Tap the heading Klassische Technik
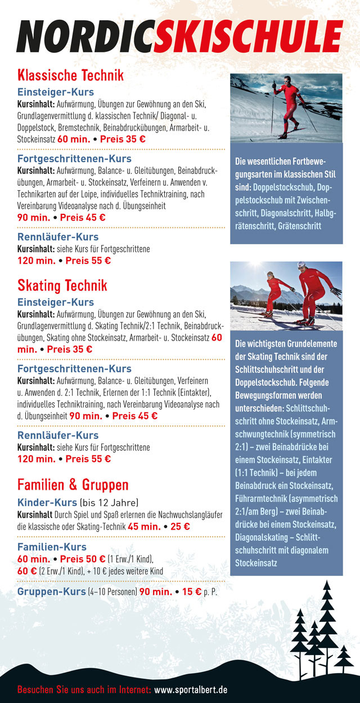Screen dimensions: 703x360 click(70, 75)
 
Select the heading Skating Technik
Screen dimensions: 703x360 click(62, 285)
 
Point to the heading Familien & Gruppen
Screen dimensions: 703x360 click(73, 485)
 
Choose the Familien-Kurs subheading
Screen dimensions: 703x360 click(52, 547)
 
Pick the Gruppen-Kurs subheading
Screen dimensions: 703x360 click(51, 592)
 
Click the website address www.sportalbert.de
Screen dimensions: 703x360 click(191, 689)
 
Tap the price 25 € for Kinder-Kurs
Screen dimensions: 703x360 click(180, 527)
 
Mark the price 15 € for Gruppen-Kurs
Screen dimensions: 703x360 click(192, 592)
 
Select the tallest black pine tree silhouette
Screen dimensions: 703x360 click(326, 614)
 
